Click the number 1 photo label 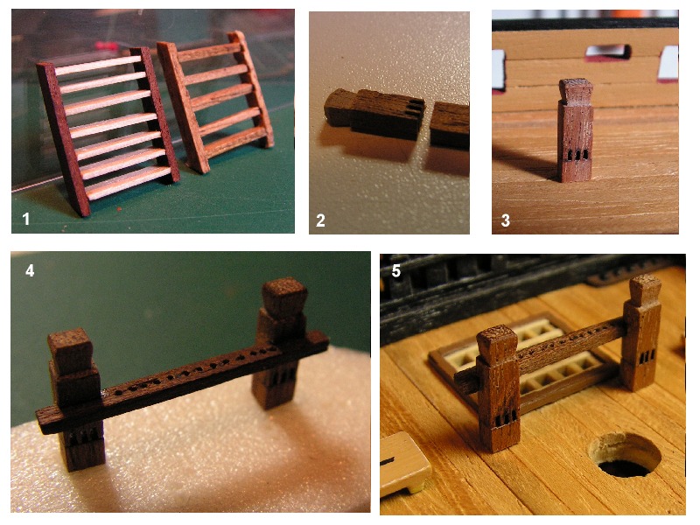pyautogui.click(x=26, y=219)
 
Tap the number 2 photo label pyautogui.click(x=320, y=220)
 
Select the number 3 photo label pyautogui.click(x=505, y=220)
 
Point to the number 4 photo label pyautogui.click(x=30, y=270)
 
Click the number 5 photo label pyautogui.click(x=396, y=271)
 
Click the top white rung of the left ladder pyautogui.click(x=97, y=65)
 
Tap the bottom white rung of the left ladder pyautogui.click(x=128, y=183)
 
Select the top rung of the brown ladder pyautogui.click(x=208, y=52)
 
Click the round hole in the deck pyautogui.click(x=626, y=456)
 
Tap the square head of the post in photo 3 pyautogui.click(x=576, y=92)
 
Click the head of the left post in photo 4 pyautogui.click(x=71, y=351)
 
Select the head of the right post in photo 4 pyautogui.click(x=284, y=297)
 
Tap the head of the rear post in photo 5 pyautogui.click(x=646, y=290)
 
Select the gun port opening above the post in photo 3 pyautogui.click(x=608, y=52)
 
